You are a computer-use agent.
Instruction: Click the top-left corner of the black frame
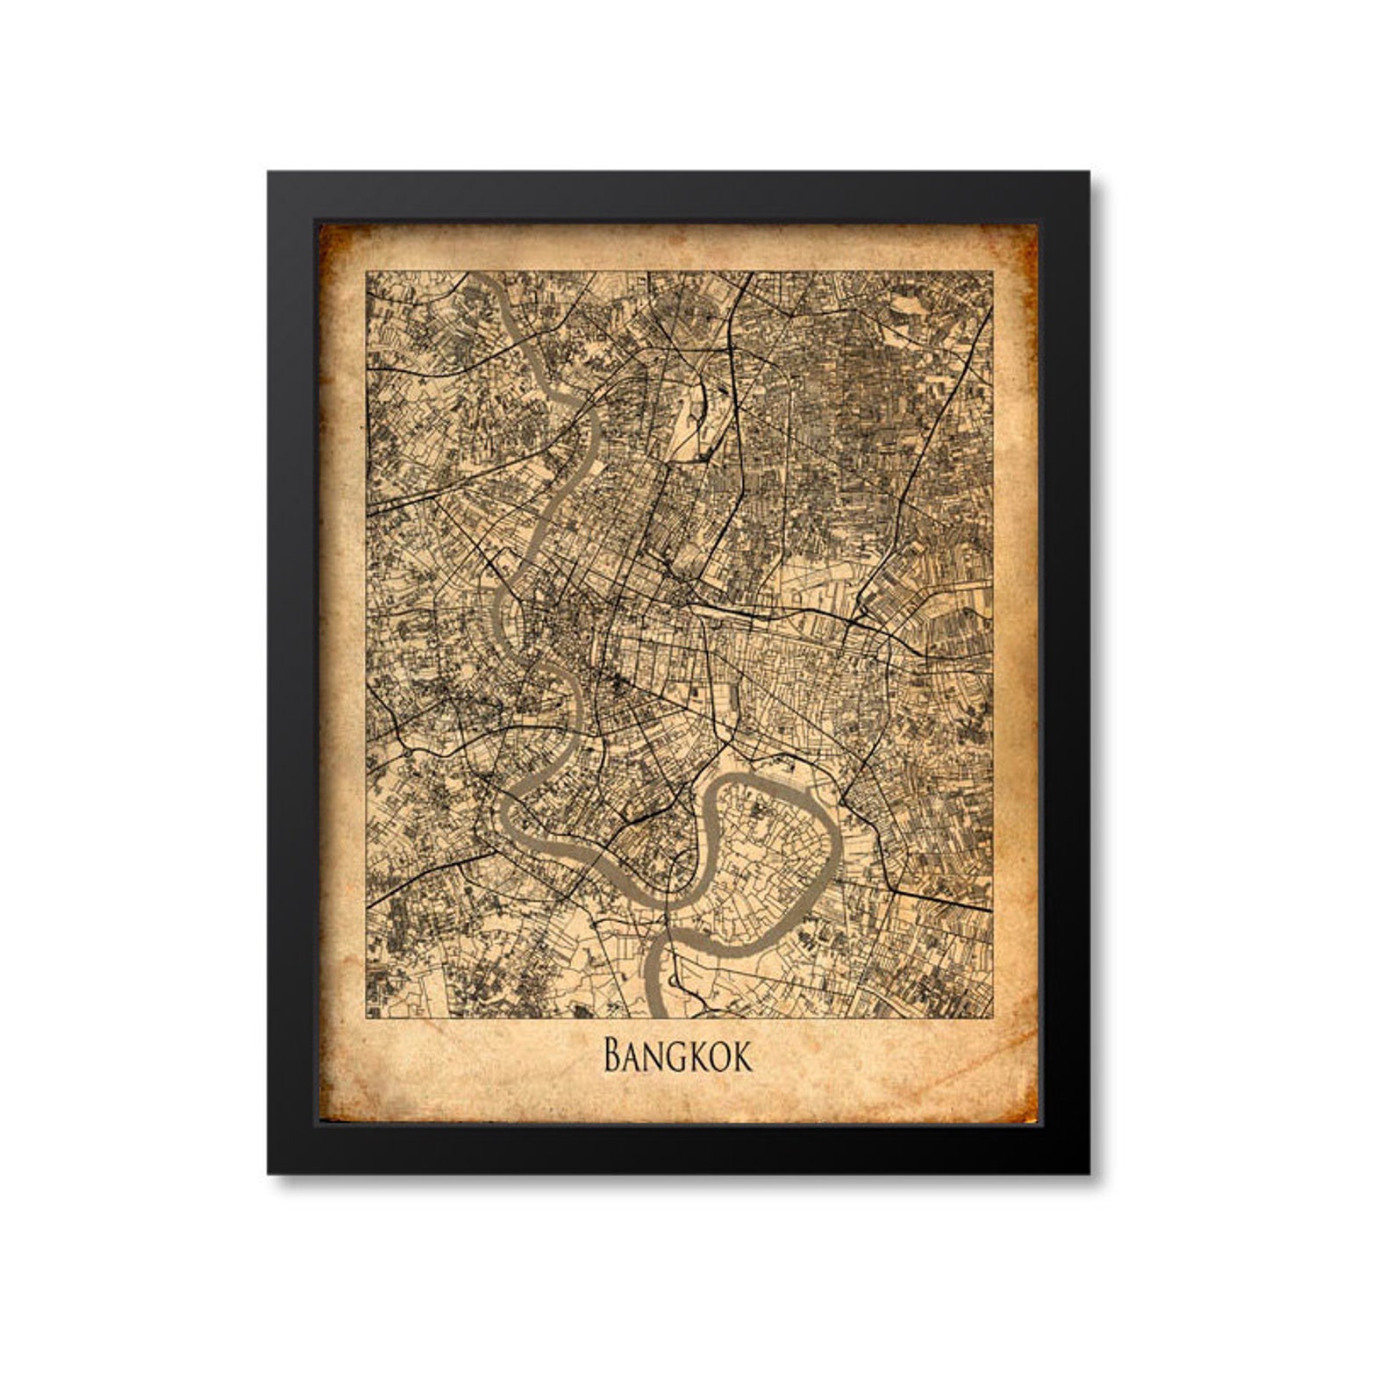pyautogui.click(x=268, y=173)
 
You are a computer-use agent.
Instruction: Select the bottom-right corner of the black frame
pyautogui.click(x=1089, y=1174)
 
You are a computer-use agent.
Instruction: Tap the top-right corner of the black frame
pyautogui.click(x=1089, y=173)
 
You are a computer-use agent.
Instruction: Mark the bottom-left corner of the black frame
pyautogui.click(x=268, y=1174)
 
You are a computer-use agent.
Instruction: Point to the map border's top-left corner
pyautogui.click(x=367, y=272)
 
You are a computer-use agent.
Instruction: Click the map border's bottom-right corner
pyautogui.click(x=993, y=1018)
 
